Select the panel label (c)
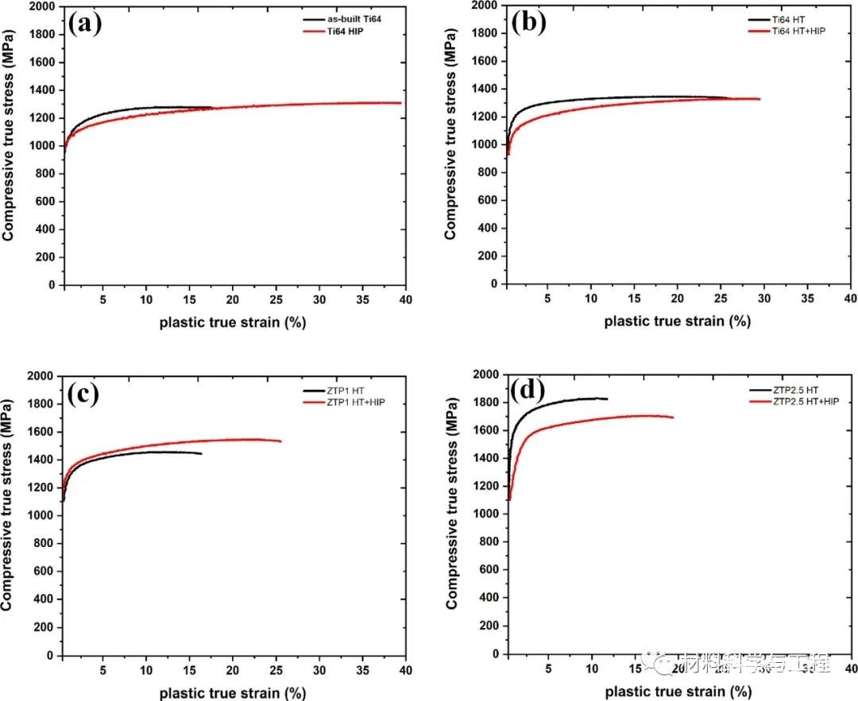point(83,394)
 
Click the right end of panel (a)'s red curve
point(400,102)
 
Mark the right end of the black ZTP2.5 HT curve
point(607,399)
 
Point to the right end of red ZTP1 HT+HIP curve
point(280,441)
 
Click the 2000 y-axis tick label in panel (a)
point(42,6)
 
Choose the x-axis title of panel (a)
point(233,322)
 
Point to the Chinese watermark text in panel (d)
point(755,661)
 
